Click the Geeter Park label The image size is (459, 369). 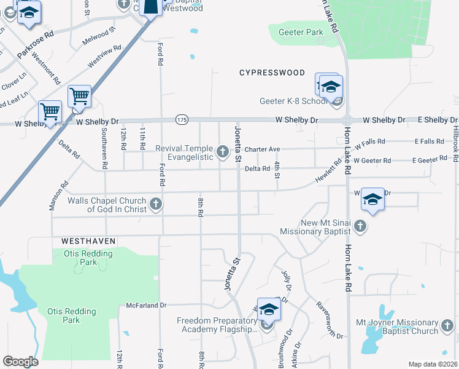coord(301,32)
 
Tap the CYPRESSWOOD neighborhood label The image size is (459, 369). coord(272,73)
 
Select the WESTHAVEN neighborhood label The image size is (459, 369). coord(88,240)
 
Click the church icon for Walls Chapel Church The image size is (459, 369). coord(156,204)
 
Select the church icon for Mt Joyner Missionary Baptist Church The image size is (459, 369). coord(449,327)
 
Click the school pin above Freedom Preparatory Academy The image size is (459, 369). coord(268,310)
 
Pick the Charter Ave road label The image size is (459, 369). coord(262,149)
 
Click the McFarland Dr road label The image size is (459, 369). coord(147,305)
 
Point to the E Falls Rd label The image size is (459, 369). coord(429,141)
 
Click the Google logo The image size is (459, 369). coord(20,362)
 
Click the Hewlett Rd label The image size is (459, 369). coord(328,172)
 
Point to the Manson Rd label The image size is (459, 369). coord(60,196)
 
